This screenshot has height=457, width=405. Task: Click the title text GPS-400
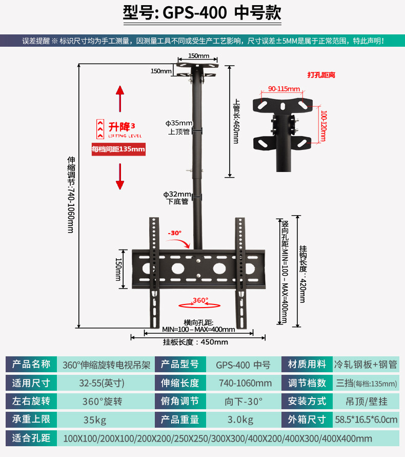coord(195,13)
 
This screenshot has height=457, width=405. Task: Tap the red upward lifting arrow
coord(120,99)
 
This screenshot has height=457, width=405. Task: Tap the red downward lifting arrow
coord(120,176)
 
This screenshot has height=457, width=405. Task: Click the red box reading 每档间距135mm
coord(118,149)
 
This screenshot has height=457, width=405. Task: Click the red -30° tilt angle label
coord(175,233)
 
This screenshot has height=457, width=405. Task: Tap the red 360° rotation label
coord(200,300)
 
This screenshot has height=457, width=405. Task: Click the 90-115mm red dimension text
coord(284,89)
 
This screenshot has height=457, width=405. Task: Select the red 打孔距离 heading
coord(321,75)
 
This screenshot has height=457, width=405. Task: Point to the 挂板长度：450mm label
coord(195,342)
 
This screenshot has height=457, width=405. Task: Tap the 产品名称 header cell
coord(31,365)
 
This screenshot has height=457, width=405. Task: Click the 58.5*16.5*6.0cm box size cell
coord(366,420)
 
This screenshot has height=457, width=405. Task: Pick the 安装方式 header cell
coord(307,402)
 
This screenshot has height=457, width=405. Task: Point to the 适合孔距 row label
coord(31,438)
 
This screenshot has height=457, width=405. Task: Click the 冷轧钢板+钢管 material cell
coord(366,365)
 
